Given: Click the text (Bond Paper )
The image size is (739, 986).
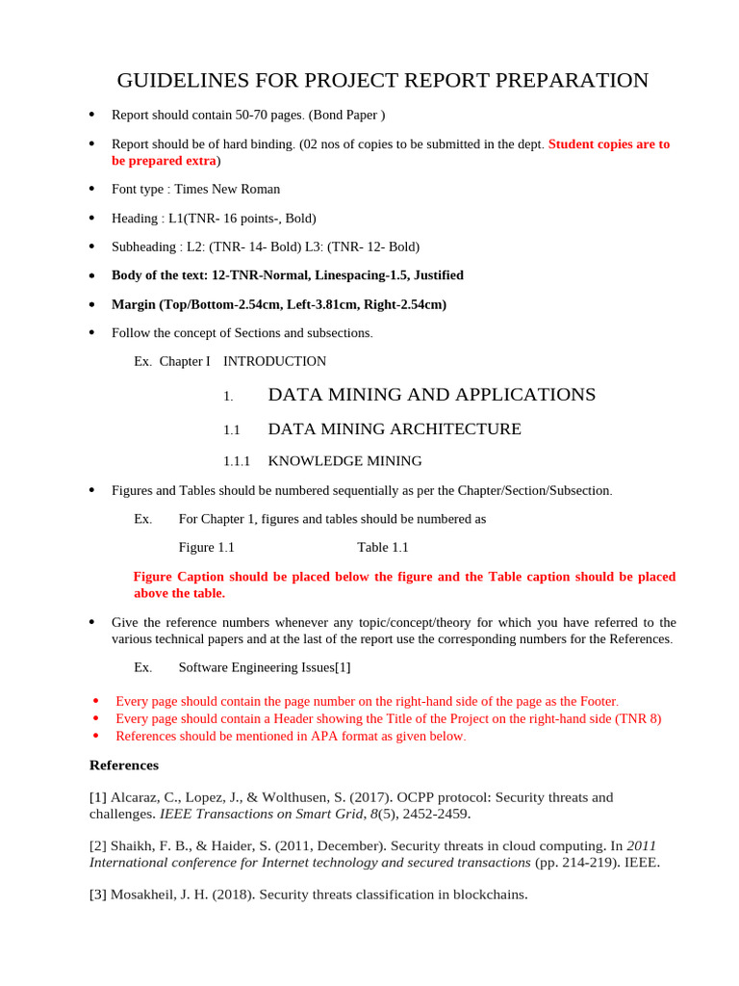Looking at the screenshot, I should click(x=346, y=115).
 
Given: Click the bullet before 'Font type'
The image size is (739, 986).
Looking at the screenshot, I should click(x=91, y=189).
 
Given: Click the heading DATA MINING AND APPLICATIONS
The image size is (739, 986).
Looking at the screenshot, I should click(x=431, y=395).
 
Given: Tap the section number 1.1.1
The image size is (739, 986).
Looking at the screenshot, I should click(x=237, y=461).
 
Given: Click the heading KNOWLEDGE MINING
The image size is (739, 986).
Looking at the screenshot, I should click(x=344, y=461).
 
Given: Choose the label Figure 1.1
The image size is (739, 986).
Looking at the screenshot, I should click(x=206, y=547).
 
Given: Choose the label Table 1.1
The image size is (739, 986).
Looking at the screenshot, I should click(x=383, y=547).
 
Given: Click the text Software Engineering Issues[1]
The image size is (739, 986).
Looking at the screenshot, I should click(x=265, y=666).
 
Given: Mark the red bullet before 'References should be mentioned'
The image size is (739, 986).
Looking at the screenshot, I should click(x=95, y=736).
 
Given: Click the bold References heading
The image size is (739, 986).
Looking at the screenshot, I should click(x=124, y=765).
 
